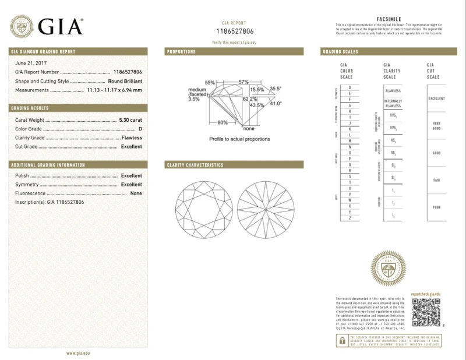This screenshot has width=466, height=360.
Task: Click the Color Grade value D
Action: tap(140, 129)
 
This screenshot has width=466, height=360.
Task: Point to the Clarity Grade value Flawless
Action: tap(131, 137)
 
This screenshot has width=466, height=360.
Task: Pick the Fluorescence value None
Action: tap(136, 193)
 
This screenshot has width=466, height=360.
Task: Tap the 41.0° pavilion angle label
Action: tap(275, 103)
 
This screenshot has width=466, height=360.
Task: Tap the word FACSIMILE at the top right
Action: tap(391, 20)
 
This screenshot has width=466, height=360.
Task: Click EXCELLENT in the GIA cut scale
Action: tap(436, 98)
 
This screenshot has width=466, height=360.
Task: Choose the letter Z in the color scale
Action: tap(350, 218)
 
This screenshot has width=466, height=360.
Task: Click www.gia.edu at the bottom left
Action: tap(77, 353)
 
